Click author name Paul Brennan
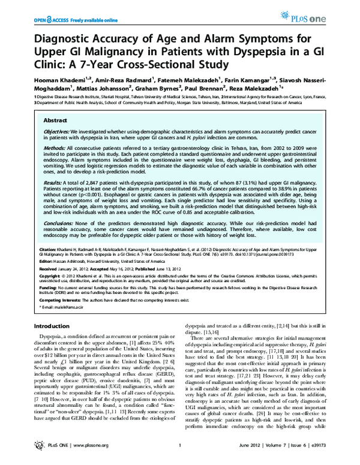pyautogui.click(x=211, y=87)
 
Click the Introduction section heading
pyautogui.click(x=53, y=326)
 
